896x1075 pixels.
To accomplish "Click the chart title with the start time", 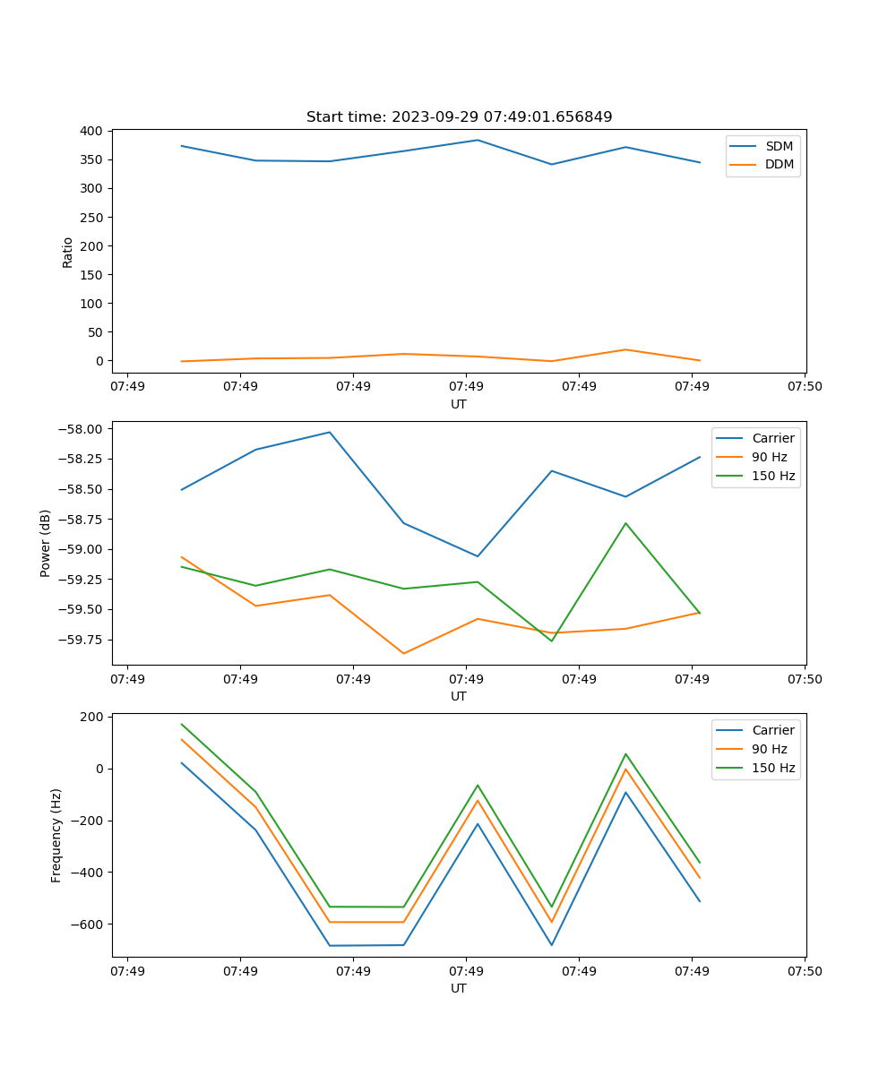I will [459, 117].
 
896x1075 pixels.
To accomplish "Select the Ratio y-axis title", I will [68, 252].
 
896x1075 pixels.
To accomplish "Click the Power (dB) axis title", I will [46, 543].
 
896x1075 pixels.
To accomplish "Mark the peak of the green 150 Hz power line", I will [625, 523].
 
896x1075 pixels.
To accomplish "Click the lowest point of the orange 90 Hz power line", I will [403, 653].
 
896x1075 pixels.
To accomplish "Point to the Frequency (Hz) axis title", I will [56, 835].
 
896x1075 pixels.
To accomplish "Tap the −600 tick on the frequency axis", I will [87, 924].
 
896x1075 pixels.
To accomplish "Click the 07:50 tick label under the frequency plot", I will [805, 970].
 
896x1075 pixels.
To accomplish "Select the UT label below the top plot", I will [459, 404].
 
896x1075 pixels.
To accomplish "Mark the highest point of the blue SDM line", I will [478, 140].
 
